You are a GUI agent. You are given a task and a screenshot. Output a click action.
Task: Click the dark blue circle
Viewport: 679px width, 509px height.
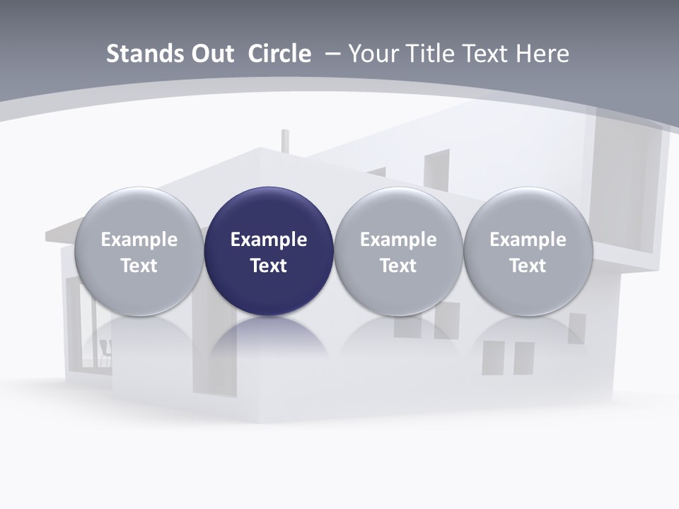269,251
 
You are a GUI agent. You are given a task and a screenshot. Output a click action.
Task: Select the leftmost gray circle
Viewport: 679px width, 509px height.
139,251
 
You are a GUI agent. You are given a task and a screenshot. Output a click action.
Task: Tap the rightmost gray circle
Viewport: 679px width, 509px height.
528,251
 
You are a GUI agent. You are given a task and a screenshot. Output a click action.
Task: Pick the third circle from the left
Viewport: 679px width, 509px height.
398,251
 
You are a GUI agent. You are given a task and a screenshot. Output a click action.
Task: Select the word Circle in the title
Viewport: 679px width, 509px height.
279,54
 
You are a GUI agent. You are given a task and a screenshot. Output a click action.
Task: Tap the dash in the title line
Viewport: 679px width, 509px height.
332,54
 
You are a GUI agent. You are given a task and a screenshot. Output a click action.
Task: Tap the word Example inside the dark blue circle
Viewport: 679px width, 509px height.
269,240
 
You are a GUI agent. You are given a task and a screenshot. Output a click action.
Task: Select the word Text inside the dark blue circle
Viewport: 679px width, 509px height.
269,266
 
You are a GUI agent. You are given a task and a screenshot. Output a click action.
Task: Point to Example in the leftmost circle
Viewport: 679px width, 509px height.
139,240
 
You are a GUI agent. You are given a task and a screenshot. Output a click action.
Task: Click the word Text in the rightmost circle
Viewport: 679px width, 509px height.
528,266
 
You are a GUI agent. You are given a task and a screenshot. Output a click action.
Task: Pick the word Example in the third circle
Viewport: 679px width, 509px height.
398,240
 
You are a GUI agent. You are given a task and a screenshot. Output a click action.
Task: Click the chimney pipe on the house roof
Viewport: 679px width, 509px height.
285,139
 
